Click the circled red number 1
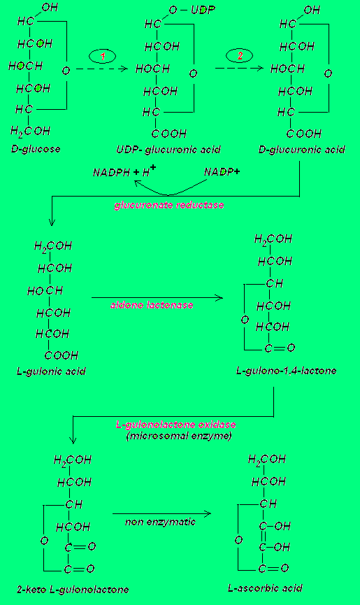[103, 57]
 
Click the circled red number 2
[239, 55]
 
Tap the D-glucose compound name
[36, 149]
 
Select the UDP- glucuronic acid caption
[168, 150]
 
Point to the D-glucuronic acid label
[302, 149]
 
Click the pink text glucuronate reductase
[169, 205]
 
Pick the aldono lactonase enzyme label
[152, 305]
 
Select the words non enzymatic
[160, 522]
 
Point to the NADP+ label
[222, 171]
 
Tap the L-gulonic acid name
[51, 371]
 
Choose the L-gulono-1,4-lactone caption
[287, 371]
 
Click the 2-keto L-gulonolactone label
[73, 590]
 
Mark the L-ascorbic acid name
[265, 588]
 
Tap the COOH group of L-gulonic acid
[62, 355]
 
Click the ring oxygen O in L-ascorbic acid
[239, 540]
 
